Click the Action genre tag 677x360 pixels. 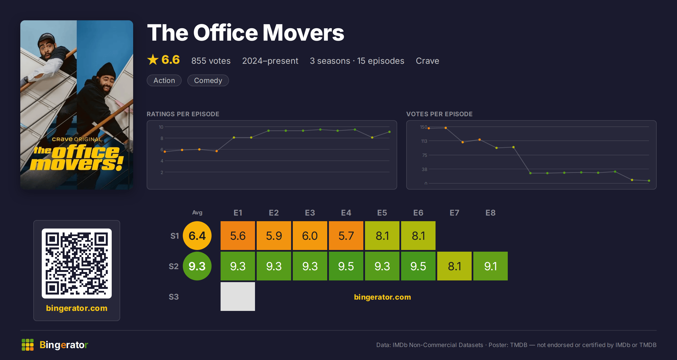(x=164, y=80)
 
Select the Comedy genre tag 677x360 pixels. (x=208, y=80)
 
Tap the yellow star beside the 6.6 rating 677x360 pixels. (x=153, y=60)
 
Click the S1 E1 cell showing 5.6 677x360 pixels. (x=238, y=236)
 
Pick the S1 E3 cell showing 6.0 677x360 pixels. (x=310, y=236)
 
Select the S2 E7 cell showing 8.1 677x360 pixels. (x=454, y=266)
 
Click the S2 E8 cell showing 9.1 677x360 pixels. (x=491, y=266)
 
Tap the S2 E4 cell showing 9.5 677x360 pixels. (x=346, y=266)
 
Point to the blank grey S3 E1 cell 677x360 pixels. (x=238, y=297)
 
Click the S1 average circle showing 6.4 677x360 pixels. (x=197, y=236)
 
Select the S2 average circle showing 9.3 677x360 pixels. (x=197, y=266)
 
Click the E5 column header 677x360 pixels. (x=382, y=213)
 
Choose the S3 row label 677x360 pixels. (x=174, y=297)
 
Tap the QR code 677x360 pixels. (x=77, y=264)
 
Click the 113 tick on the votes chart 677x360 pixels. (x=424, y=141)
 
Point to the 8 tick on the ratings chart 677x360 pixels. (x=162, y=138)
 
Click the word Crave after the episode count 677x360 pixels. (x=427, y=61)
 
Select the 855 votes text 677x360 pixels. (x=211, y=61)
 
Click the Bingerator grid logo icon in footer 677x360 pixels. (x=28, y=345)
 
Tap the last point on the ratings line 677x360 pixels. (x=390, y=132)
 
